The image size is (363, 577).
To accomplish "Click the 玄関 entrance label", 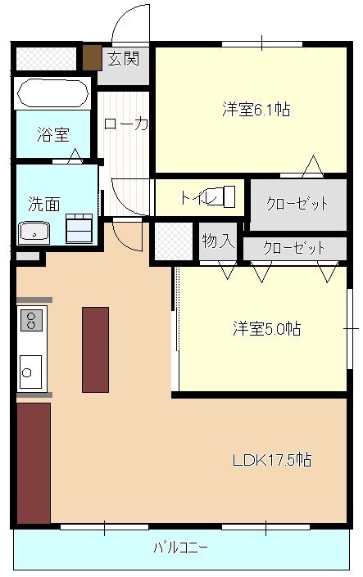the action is (124, 58).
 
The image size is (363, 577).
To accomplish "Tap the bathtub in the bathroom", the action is (53, 92).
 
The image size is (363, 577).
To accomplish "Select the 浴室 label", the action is (53, 134).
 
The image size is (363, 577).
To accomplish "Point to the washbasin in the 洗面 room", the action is (34, 233).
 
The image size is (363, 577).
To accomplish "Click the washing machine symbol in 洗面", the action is (79, 228).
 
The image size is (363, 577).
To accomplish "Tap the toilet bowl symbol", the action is (224, 196).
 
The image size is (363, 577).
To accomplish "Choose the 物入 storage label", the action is (218, 241).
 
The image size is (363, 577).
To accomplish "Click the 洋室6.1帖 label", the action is (256, 110).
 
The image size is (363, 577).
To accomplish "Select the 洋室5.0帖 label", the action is (266, 328).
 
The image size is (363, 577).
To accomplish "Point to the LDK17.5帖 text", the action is (272, 460).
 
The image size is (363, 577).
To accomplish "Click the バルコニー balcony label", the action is (180, 548).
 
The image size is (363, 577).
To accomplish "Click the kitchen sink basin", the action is (30, 372).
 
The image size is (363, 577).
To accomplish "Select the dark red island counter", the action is (95, 349).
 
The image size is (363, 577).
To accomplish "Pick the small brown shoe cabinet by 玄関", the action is (92, 57).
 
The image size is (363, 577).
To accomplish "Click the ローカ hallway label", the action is (126, 124).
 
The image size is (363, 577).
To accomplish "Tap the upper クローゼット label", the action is (297, 203).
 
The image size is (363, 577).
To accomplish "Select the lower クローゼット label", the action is (293, 248).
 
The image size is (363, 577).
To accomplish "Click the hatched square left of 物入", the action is (173, 241).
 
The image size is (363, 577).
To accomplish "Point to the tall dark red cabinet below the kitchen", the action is (34, 463).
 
